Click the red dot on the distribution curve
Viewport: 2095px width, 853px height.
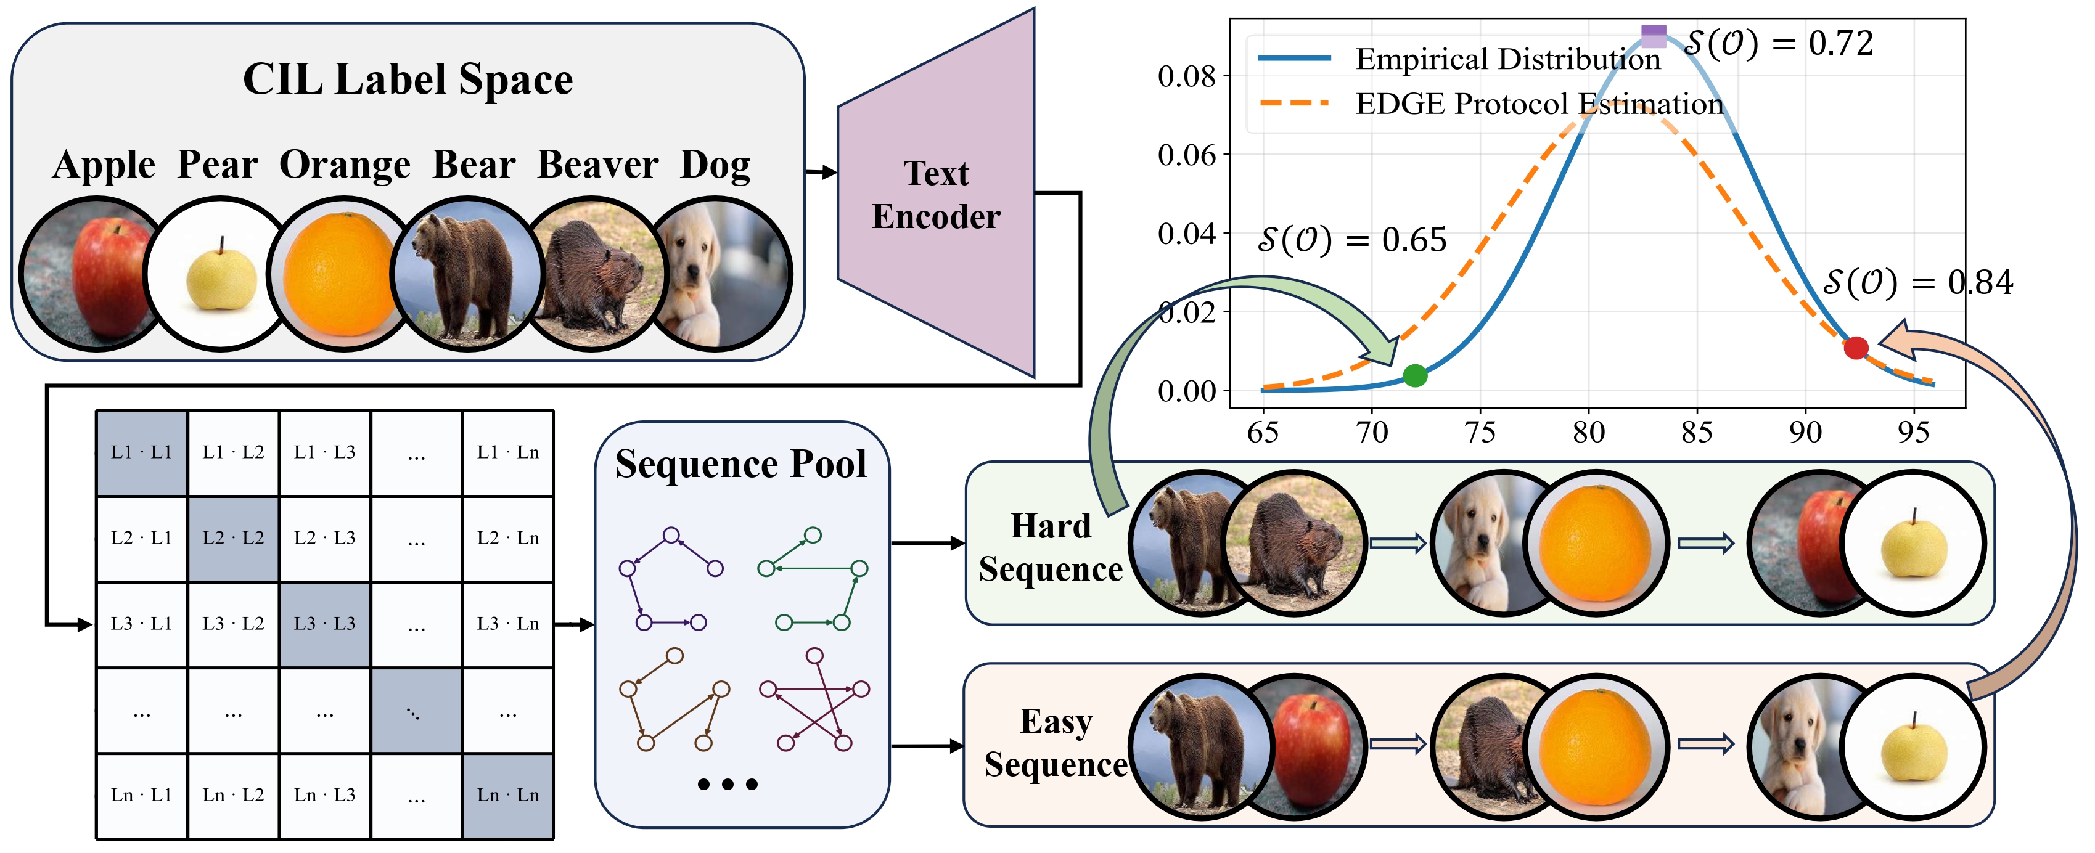coord(1856,348)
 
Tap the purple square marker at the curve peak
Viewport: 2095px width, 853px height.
coord(1654,36)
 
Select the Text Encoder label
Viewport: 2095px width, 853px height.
coord(936,195)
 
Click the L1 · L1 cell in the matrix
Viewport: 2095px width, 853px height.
coord(142,452)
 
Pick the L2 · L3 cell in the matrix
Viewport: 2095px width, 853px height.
coord(324,537)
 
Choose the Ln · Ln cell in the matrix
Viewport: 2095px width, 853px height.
coord(507,794)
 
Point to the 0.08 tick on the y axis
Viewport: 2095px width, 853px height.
coord(1187,76)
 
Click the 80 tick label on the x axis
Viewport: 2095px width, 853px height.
coord(1588,432)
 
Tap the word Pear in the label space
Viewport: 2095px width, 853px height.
coord(218,165)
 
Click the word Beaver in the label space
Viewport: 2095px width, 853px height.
coord(598,165)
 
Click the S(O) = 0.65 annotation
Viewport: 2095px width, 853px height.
coord(1351,240)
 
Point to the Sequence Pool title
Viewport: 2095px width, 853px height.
coord(741,464)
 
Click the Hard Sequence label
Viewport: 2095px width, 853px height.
coord(1050,547)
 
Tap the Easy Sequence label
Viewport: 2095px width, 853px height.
coord(1056,743)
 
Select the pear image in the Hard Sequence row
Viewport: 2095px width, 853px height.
coord(1913,543)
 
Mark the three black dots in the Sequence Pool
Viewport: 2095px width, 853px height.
coord(728,784)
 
